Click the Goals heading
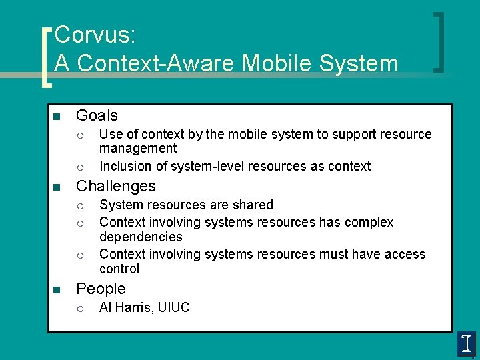pos(97,115)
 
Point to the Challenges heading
pos(115,186)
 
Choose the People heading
pos(101,289)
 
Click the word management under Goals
pos(138,148)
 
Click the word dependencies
pos(141,237)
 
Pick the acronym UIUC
pos(174,307)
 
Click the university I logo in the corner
pos(467,344)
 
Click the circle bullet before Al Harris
pos(79,308)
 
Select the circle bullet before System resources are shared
pos(79,205)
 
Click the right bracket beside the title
pos(439,41)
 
